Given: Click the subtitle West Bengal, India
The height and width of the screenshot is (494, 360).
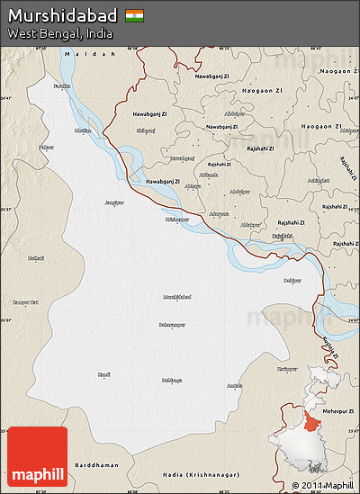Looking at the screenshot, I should tap(59, 33).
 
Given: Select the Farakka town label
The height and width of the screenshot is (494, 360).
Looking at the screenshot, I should tap(61, 85).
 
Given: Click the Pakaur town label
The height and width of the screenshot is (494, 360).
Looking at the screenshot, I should tap(46, 146).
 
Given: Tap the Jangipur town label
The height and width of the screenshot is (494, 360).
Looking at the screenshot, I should tap(114, 202).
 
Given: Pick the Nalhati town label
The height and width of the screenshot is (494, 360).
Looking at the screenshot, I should tap(36, 258).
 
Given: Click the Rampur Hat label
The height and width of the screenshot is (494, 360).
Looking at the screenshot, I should tap(25, 301).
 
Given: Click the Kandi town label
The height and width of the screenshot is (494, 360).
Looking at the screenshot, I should tap(104, 373).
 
